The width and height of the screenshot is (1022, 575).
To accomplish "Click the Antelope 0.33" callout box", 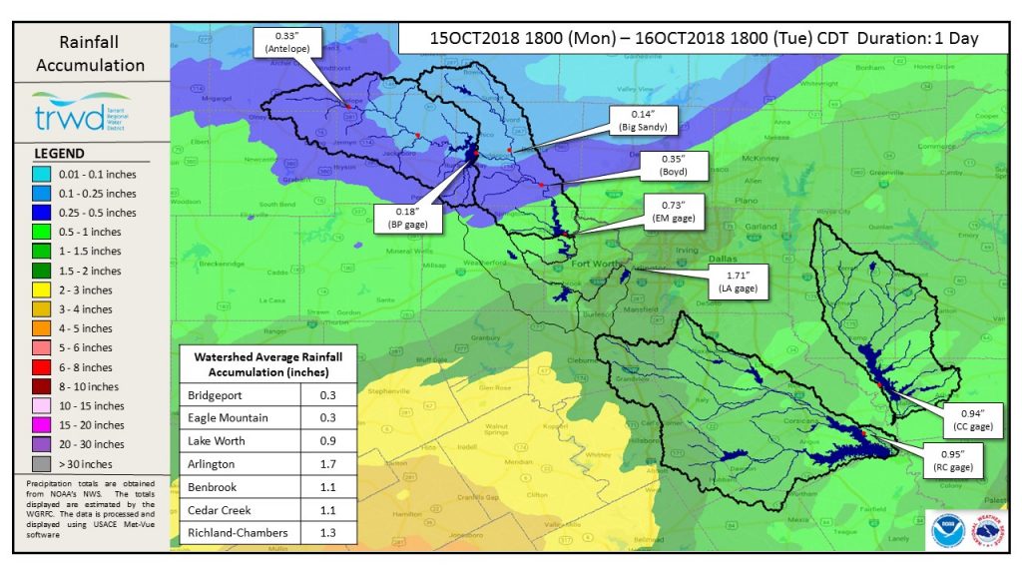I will pos(285,42).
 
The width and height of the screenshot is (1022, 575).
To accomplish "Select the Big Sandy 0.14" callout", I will pos(640,121).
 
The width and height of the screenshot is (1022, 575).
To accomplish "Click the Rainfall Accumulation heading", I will pos(89,55).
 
